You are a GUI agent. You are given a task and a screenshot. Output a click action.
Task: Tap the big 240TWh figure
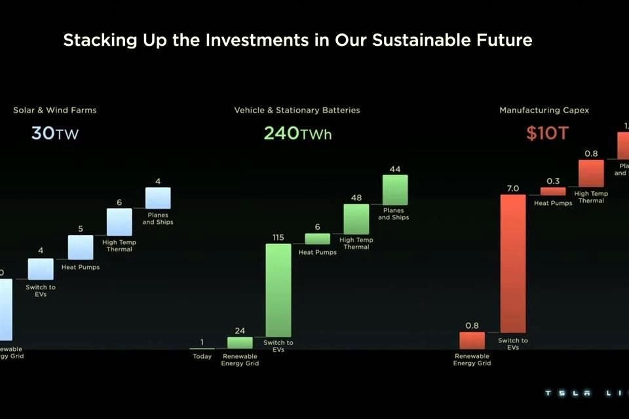(x=297, y=134)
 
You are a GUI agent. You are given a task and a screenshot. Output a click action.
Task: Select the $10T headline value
(x=548, y=134)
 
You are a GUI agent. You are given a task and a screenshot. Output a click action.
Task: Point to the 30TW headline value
(x=55, y=134)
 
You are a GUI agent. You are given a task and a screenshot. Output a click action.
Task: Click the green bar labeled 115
(x=278, y=290)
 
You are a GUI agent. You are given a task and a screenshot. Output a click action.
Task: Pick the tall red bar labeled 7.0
(x=513, y=264)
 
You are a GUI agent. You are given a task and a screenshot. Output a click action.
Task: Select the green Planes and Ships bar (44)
(x=395, y=190)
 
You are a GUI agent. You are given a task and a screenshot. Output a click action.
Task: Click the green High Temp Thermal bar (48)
(x=356, y=219)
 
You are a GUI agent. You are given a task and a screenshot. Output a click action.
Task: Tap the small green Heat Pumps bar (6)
(x=317, y=239)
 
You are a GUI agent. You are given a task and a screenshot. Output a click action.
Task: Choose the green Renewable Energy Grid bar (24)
(x=240, y=342)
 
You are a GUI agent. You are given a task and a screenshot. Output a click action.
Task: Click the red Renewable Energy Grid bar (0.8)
(x=472, y=340)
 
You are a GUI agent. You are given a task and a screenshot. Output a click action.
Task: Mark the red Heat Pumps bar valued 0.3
(x=552, y=191)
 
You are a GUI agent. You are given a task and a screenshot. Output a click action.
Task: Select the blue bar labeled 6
(x=119, y=222)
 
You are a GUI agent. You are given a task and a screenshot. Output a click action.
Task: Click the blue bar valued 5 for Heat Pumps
(x=81, y=247)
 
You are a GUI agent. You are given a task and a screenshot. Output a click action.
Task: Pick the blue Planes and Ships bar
(x=158, y=198)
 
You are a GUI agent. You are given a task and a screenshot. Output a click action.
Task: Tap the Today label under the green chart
(x=202, y=357)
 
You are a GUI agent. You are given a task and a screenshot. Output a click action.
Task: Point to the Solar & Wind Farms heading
(x=54, y=110)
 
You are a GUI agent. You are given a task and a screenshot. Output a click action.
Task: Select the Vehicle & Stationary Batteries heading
(x=297, y=110)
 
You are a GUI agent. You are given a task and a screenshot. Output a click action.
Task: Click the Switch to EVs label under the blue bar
(x=41, y=291)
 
